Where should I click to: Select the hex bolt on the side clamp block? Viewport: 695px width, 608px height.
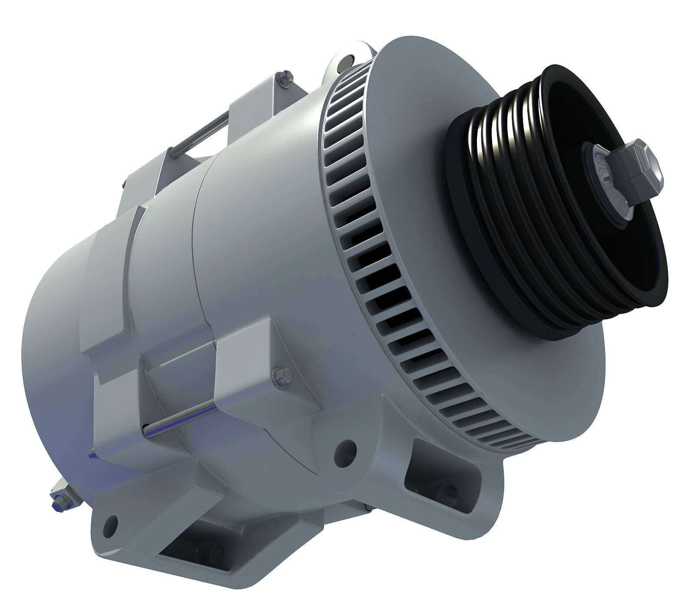click(282, 375)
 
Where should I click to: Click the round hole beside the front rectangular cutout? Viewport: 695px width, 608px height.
click(346, 448)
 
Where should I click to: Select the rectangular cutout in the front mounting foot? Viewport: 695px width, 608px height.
click(439, 476)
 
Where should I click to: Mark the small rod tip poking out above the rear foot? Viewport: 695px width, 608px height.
click(92, 455)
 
